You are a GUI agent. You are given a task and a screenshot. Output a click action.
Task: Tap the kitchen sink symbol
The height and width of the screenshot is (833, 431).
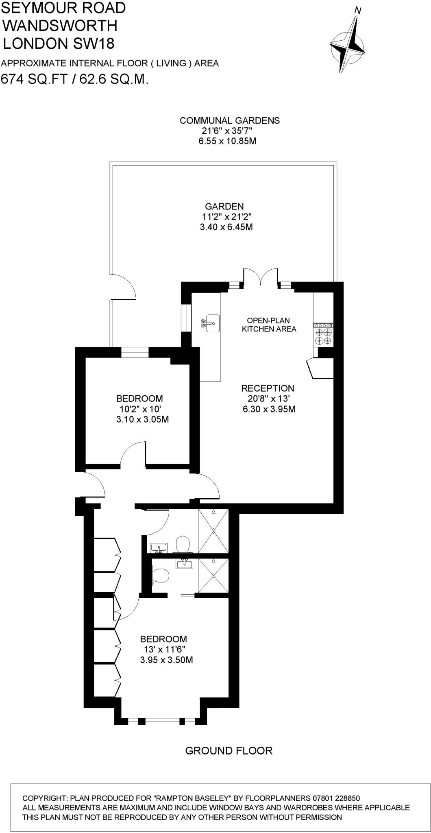(210, 323)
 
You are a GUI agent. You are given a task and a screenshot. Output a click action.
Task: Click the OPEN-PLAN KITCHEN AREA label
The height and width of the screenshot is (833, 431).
(269, 325)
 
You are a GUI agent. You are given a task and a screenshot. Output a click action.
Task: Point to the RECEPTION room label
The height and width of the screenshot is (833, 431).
(268, 388)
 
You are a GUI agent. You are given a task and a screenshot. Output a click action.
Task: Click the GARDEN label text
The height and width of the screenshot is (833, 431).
(224, 207)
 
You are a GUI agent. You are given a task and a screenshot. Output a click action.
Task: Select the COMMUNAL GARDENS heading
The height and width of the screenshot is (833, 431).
(230, 120)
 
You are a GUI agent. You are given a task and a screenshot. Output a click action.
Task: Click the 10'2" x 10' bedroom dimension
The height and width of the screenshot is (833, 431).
(139, 409)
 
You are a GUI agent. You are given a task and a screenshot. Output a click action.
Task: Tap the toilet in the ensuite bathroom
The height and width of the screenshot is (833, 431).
(161, 575)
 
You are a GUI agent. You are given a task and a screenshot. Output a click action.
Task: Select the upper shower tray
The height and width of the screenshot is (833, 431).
(213, 531)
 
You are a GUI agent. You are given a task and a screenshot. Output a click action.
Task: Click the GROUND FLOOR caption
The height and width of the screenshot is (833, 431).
(229, 751)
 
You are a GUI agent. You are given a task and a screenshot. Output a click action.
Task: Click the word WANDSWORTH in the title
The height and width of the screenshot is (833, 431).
(60, 26)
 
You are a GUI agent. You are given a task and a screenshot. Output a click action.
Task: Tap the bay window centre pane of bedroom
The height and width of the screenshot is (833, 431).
(162, 722)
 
